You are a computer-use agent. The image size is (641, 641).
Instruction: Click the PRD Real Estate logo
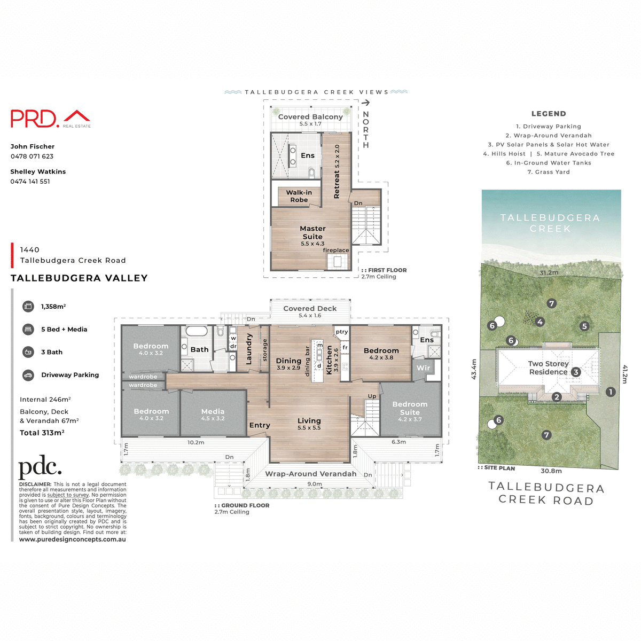(51, 119)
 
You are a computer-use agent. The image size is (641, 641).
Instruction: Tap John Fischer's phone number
(32, 157)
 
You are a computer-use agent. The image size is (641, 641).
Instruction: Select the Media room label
(213, 412)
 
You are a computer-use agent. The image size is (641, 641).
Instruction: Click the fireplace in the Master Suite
(338, 261)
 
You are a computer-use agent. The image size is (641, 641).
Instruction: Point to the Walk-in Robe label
(299, 196)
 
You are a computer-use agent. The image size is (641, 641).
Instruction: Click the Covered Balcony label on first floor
(310, 117)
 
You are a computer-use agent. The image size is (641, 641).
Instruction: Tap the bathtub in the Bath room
(196, 331)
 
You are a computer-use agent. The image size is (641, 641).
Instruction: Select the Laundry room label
(249, 349)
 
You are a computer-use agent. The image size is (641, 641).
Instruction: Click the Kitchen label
(330, 359)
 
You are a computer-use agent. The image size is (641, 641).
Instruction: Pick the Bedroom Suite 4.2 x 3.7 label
(410, 409)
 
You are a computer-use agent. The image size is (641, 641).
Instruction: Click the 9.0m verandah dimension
(315, 484)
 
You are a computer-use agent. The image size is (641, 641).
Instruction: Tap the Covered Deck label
(310, 309)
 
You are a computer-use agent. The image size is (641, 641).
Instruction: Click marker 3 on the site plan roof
(575, 372)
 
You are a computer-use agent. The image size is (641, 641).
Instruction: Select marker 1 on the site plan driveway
(611, 392)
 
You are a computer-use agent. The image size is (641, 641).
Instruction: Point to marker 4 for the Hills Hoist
(540, 322)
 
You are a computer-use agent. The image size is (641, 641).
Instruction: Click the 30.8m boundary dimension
(551, 471)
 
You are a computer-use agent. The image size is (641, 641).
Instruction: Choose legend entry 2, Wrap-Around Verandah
(549, 136)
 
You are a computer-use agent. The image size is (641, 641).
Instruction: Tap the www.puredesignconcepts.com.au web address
(73, 540)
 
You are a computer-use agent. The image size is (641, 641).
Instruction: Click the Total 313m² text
(42, 433)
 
